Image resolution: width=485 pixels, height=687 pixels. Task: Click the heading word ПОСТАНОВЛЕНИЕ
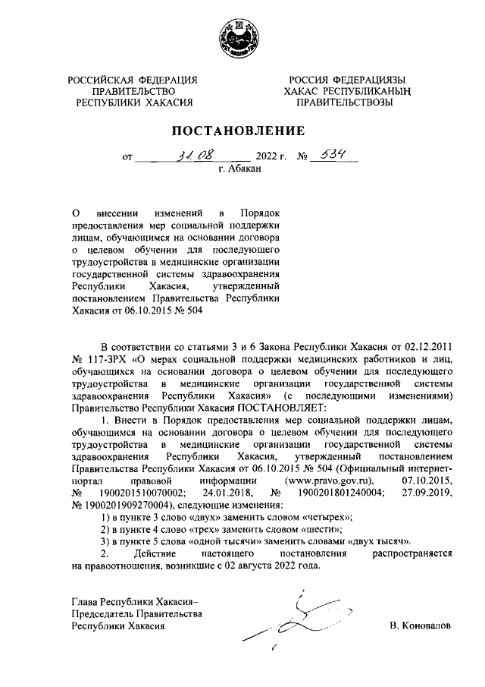coord(242,131)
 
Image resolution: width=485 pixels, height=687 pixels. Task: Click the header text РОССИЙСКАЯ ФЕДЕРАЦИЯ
coord(133,80)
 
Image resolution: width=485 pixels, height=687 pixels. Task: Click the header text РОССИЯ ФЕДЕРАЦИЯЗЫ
coord(344,80)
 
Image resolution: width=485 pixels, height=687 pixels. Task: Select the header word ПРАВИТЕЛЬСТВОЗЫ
coord(344,102)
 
